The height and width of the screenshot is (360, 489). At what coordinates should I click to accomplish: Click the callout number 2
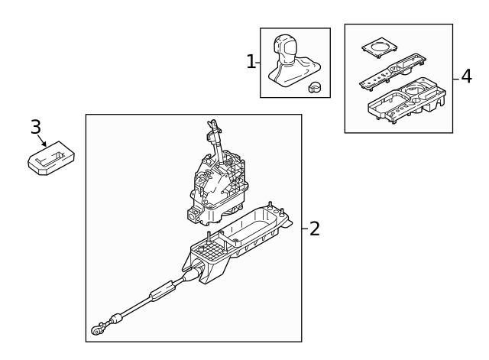pyautogui.click(x=315, y=229)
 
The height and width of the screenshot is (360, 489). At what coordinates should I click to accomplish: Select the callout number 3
pyautogui.click(x=35, y=127)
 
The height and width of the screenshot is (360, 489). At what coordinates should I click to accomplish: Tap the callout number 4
pyautogui.click(x=467, y=77)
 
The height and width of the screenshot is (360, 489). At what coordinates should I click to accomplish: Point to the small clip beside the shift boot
pyautogui.click(x=314, y=88)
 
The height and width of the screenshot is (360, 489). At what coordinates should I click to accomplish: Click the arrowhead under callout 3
pyautogui.click(x=46, y=144)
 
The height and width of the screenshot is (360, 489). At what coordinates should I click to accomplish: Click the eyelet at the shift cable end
pyautogui.click(x=97, y=330)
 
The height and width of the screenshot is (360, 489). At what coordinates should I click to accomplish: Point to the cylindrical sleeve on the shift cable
pyautogui.click(x=161, y=291)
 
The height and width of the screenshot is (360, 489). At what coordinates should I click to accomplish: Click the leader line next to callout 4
pyautogui.click(x=457, y=77)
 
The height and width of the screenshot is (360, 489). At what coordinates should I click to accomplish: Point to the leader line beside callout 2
pyautogui.click(x=305, y=228)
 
